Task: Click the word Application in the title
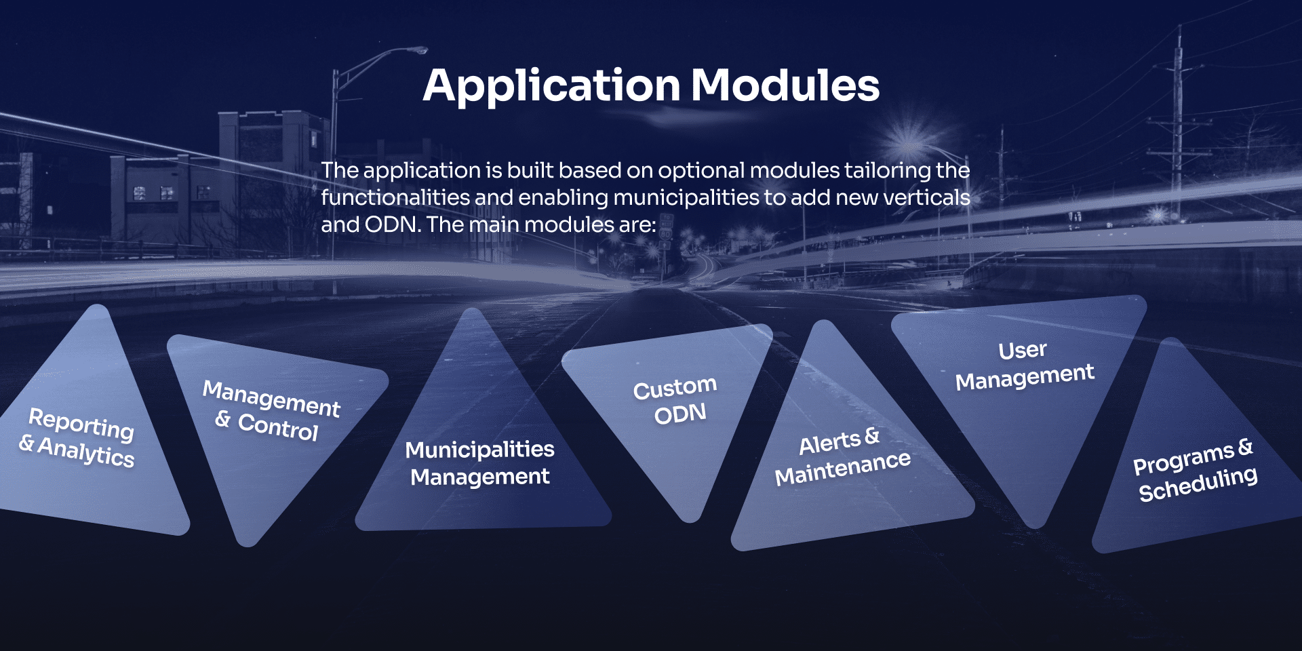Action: pos(551,86)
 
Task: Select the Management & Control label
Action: pos(271,410)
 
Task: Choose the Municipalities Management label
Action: pos(479,463)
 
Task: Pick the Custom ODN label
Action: pos(675,400)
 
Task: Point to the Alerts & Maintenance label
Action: pos(842,456)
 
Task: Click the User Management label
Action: pos(1025,366)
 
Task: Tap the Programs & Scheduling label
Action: pos(1196,470)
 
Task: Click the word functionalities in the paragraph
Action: pos(395,197)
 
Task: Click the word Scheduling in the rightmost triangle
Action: pos(1198,484)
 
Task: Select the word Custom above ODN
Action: pos(675,388)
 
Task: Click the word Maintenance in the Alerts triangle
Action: pos(843,468)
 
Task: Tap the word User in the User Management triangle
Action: pos(1023,350)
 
